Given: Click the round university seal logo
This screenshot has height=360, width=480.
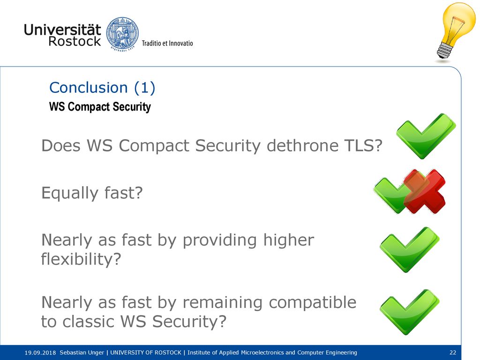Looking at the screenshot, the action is pyautogui.click(x=122, y=34).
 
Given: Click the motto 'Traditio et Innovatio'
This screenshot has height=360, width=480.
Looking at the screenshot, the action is pyautogui.click(x=167, y=43).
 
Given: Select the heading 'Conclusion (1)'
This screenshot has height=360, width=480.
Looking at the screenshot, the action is pyautogui.click(x=102, y=88).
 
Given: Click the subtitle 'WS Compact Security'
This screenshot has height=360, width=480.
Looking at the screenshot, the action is pyautogui.click(x=100, y=106).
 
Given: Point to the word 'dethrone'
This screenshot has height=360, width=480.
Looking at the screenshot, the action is pyautogui.click(x=302, y=145).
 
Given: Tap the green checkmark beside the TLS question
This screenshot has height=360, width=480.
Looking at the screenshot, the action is pyautogui.click(x=426, y=136).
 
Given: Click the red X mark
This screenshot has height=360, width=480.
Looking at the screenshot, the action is pyautogui.click(x=424, y=191).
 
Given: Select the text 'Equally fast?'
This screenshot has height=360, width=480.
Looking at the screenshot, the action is pyautogui.click(x=92, y=193).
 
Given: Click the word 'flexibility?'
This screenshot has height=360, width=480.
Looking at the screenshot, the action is pyautogui.click(x=81, y=259).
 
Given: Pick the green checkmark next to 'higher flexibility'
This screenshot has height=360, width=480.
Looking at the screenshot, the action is pyautogui.click(x=410, y=249).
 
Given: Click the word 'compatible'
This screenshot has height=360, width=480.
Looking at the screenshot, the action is pyautogui.click(x=313, y=302).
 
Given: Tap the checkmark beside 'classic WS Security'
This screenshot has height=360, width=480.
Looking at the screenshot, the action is pyautogui.click(x=410, y=312).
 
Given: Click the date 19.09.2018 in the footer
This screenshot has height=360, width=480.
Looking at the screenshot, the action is pyautogui.click(x=40, y=352).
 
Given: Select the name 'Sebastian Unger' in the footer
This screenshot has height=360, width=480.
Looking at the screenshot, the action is pyautogui.click(x=82, y=352).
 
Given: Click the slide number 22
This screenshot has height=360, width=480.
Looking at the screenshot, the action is pyautogui.click(x=453, y=352).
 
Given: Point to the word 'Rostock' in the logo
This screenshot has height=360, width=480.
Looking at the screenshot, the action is pyautogui.click(x=75, y=41).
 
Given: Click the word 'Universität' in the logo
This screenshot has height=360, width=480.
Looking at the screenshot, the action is pyautogui.click(x=62, y=30).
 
